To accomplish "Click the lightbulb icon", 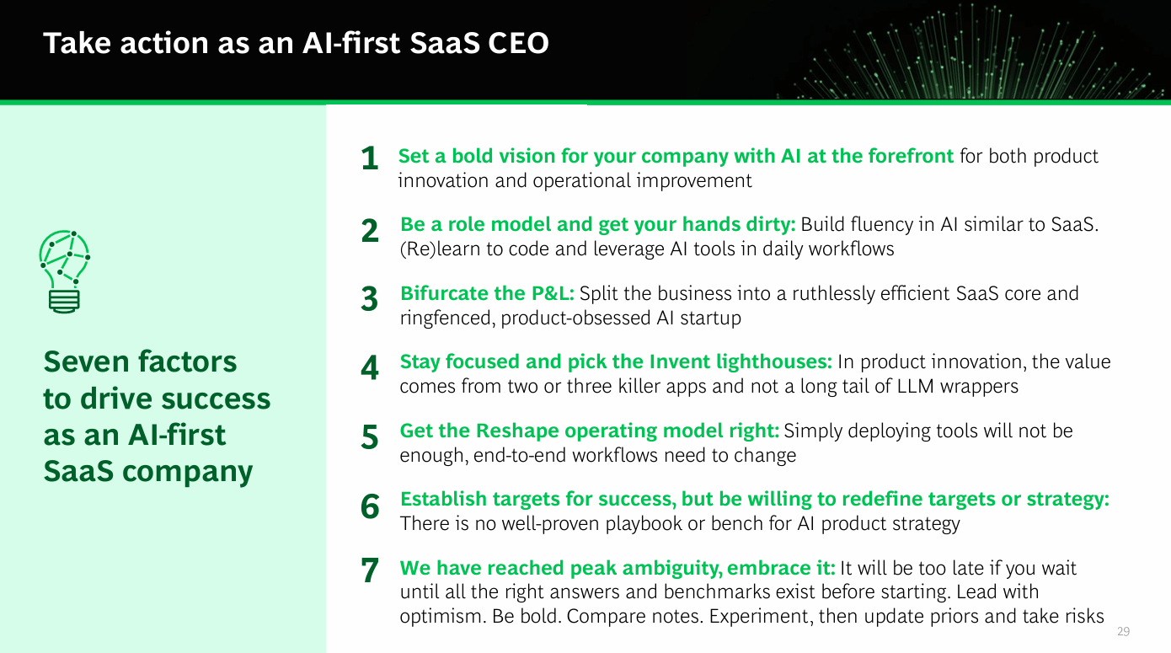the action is click(x=64, y=271).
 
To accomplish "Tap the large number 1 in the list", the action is click(x=370, y=158).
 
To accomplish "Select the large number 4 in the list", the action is click(x=370, y=367).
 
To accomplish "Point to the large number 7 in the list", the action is click(x=370, y=570).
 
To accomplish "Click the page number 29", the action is click(x=1123, y=632).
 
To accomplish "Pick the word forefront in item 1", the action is click(x=911, y=156).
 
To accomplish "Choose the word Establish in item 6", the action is click(x=443, y=499).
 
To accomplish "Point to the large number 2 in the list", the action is click(x=370, y=231).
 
